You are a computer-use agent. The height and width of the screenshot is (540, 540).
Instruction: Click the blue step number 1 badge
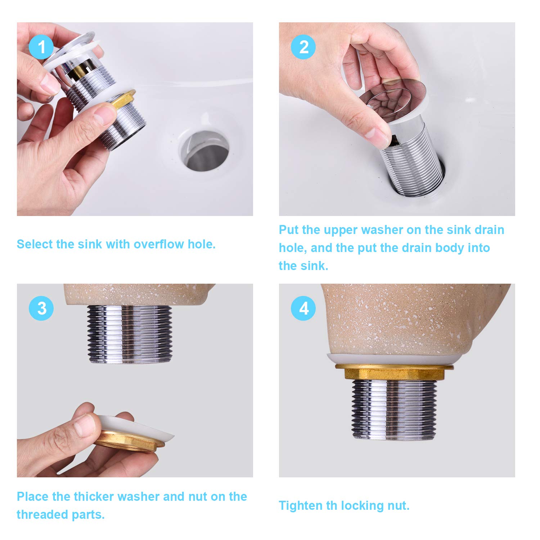pos(41,47)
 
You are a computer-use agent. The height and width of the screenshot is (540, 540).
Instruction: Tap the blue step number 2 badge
pos(303,47)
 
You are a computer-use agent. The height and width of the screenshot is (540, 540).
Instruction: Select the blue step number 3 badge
pos(41,308)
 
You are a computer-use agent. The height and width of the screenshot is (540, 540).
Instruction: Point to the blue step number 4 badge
pos(303,308)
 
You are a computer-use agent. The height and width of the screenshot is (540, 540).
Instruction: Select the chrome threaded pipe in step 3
pos(130,334)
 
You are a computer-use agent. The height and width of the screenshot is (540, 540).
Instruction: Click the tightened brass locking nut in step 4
pos(394,372)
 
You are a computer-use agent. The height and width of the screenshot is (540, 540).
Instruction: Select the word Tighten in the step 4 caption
pos(301,506)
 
